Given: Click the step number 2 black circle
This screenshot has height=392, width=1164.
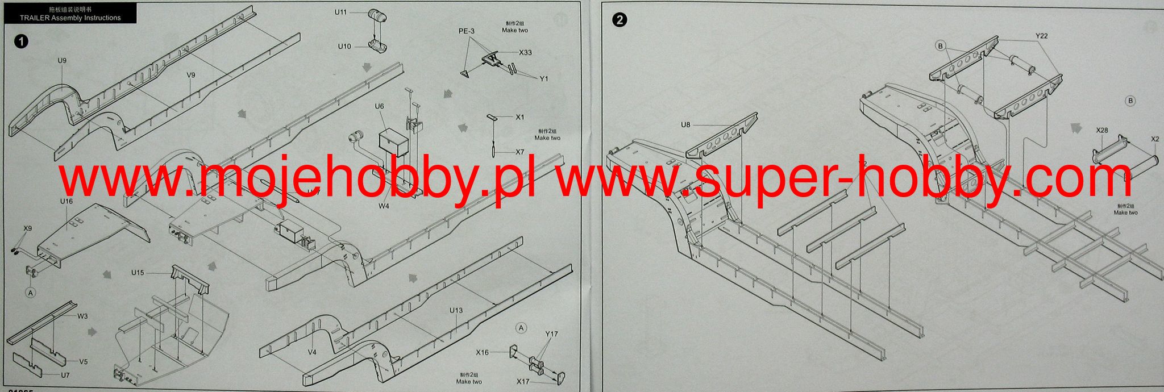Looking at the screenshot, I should tap(619, 20).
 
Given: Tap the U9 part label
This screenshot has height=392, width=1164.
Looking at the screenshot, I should tap(62, 60).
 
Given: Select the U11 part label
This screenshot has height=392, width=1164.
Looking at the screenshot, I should tap(340, 11).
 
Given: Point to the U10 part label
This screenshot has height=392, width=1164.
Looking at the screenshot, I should tap(344, 47).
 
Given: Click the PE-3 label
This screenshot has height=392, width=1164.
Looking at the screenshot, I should tap(467, 31).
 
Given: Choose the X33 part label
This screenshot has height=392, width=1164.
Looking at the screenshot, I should tap(525, 52).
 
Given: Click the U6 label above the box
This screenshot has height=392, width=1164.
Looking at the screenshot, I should tap(379, 106).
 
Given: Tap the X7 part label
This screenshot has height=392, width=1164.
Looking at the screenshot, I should tap(520, 152).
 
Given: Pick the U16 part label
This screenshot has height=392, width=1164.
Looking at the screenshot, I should tap(66, 201).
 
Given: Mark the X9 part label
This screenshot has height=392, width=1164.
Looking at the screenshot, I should tap(27, 228).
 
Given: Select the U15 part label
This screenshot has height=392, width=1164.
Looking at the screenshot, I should tap(138, 273).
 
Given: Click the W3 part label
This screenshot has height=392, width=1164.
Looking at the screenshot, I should tap(83, 316).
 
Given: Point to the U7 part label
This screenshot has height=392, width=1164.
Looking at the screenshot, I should tap(65, 375).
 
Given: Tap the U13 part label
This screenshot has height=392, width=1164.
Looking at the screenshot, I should tap(456, 310).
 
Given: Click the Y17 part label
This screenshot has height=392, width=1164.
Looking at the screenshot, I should tap(551, 334).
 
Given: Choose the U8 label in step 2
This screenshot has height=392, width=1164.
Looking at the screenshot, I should tap(685, 124).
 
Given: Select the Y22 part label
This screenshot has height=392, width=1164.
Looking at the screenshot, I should tap(1041, 36).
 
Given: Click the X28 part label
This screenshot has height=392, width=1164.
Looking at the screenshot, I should tap(1102, 130).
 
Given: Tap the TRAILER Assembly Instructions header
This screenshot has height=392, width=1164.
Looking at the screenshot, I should tap(70, 18).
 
